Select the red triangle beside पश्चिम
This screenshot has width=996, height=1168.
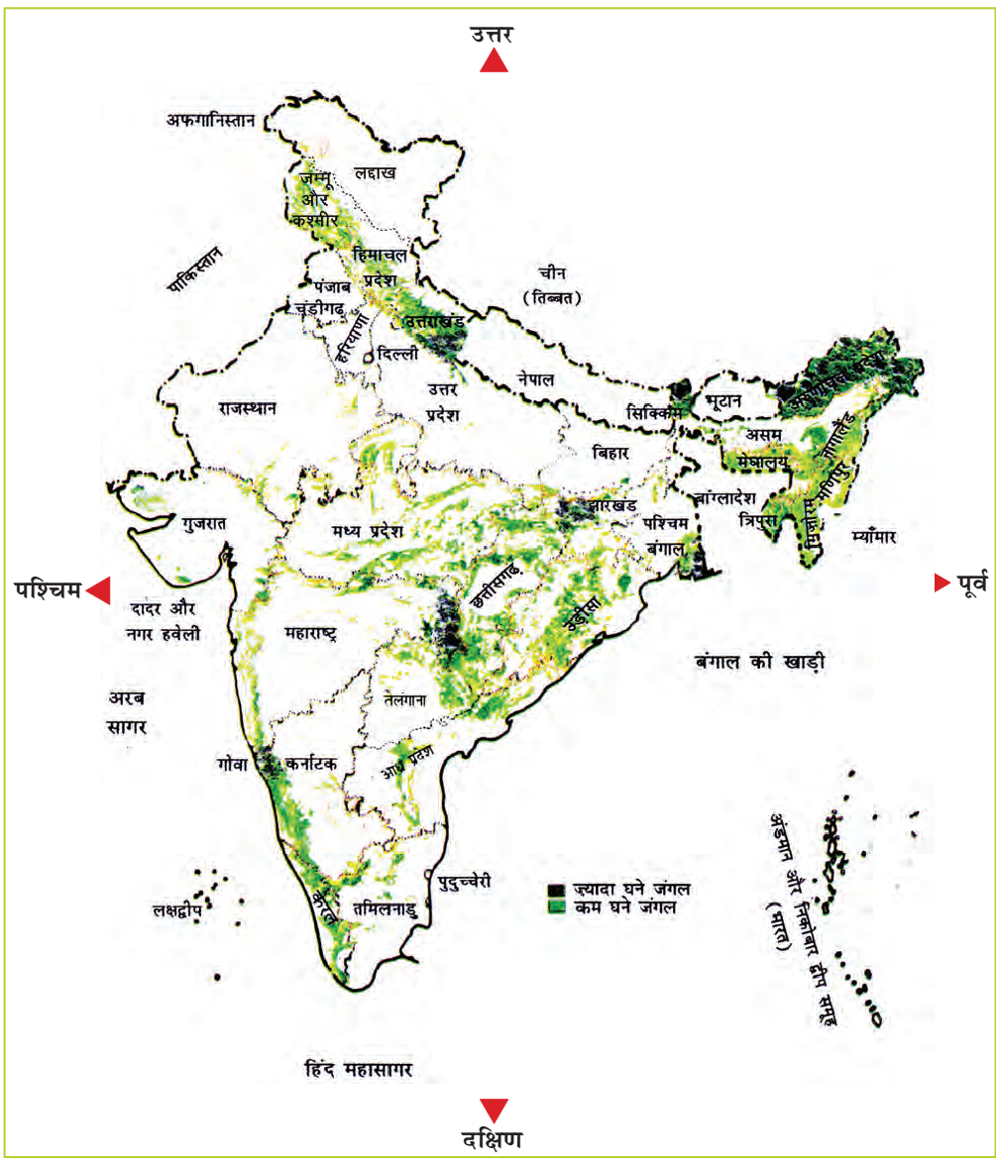[98, 591]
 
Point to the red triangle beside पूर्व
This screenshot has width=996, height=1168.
[941, 584]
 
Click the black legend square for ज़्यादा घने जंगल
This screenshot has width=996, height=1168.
[557, 889]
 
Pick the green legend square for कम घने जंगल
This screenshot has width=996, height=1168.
[557, 904]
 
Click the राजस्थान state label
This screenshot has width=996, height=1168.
[248, 407]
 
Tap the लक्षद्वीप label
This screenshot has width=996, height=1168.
[176, 907]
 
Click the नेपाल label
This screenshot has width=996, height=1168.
[535, 379]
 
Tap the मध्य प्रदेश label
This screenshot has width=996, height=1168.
[368, 532]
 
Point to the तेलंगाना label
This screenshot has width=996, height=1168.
[403, 699]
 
